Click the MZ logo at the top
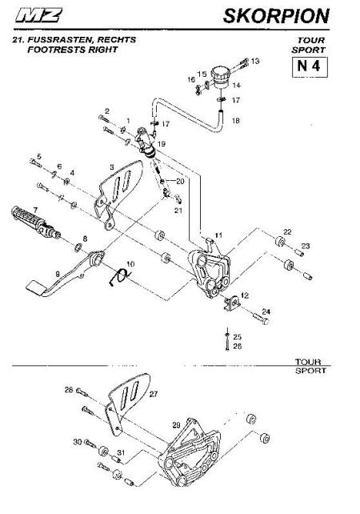(x=38, y=15)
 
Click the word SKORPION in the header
(x=276, y=16)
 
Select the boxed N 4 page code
(x=310, y=67)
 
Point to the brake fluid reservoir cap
(x=221, y=72)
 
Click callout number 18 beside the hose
(x=236, y=121)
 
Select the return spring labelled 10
(x=119, y=276)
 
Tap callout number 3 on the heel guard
(x=112, y=167)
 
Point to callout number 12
(x=244, y=295)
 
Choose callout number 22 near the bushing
(x=287, y=232)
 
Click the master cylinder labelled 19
(x=146, y=143)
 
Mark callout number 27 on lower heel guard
(x=154, y=394)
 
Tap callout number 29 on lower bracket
(x=176, y=425)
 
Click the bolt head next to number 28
(x=79, y=391)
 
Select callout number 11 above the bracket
(x=218, y=235)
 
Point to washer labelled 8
(x=78, y=247)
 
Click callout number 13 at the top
(x=255, y=61)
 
